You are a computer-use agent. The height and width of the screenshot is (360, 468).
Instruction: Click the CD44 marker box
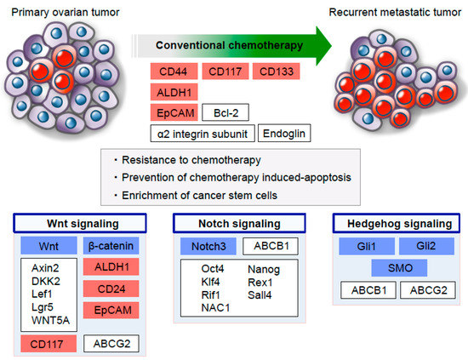click(174, 71)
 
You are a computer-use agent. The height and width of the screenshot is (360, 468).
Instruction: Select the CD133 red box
click(276, 71)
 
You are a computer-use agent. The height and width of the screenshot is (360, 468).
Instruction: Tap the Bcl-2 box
click(225, 112)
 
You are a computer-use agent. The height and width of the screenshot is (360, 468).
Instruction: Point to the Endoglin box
click(284, 133)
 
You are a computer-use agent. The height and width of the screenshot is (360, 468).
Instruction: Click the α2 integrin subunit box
click(203, 134)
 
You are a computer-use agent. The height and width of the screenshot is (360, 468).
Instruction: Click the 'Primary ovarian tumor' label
click(65, 12)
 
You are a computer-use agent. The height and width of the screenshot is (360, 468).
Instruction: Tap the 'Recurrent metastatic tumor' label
click(395, 12)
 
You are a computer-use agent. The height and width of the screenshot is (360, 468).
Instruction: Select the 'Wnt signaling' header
click(80, 223)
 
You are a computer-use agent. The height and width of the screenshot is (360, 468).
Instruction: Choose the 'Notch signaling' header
click(239, 223)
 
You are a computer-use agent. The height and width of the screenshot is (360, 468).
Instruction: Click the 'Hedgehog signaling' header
click(397, 223)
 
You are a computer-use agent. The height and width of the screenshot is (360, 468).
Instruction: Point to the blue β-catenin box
click(111, 246)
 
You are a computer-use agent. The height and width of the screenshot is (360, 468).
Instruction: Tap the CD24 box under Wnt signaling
click(111, 289)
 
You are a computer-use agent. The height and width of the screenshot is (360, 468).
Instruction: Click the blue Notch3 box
click(208, 246)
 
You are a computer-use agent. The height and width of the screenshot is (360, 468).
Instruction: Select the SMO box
click(399, 268)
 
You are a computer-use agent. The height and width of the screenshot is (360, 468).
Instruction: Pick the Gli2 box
click(426, 246)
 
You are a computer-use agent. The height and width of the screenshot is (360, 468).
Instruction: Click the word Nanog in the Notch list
click(264, 269)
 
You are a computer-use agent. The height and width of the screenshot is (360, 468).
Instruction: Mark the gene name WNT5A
click(50, 320)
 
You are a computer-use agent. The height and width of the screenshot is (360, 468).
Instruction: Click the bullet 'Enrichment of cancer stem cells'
click(199, 195)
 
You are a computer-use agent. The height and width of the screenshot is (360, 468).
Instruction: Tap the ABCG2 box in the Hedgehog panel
click(428, 290)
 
